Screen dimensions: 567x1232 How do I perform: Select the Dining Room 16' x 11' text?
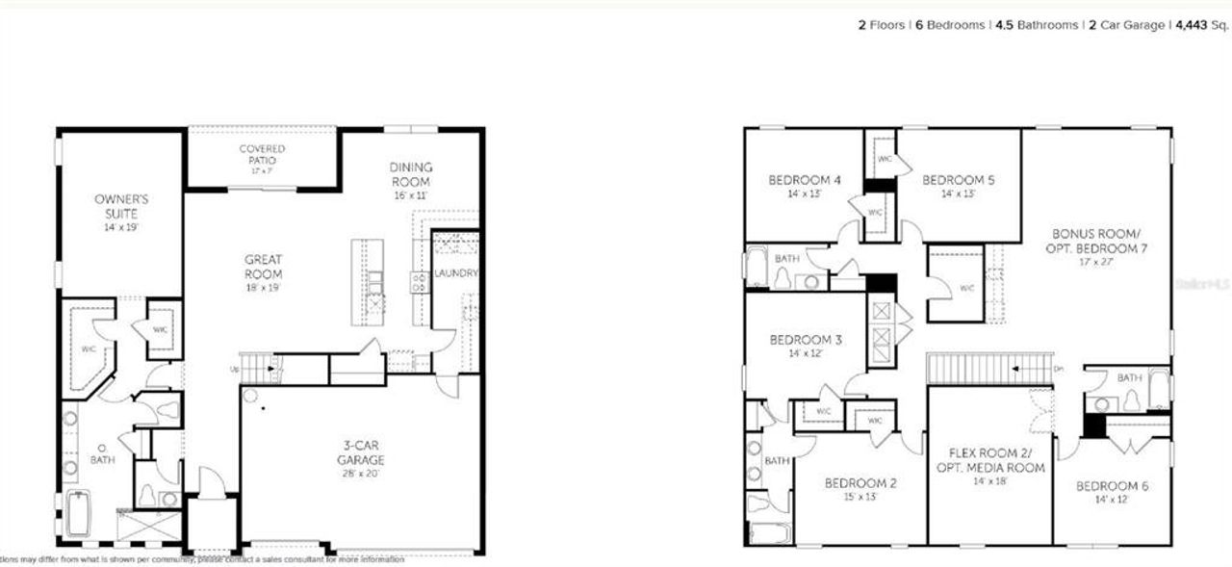pyautogui.click(x=411, y=181)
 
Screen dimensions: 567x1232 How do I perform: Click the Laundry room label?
pyautogui.click(x=455, y=273)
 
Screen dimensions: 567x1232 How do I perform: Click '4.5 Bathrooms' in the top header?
pyautogui.click(x=1037, y=25)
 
